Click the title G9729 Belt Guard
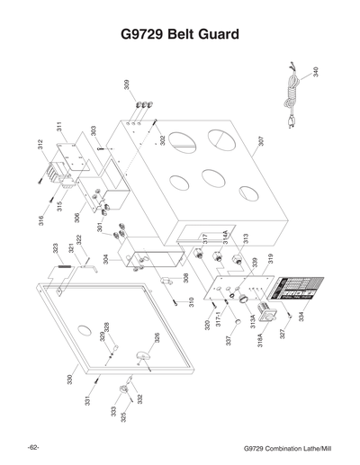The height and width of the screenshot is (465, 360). pyautogui.click(x=179, y=37)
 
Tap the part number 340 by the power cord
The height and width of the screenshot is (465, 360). pyautogui.click(x=315, y=72)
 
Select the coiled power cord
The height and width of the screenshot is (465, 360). pyautogui.click(x=292, y=85)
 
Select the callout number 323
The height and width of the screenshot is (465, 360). pyautogui.click(x=55, y=247)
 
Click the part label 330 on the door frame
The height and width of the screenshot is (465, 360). pyautogui.click(x=69, y=380)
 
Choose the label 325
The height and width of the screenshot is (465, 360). pyautogui.click(x=123, y=417)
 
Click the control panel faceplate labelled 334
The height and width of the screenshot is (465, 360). pyautogui.click(x=295, y=291)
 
